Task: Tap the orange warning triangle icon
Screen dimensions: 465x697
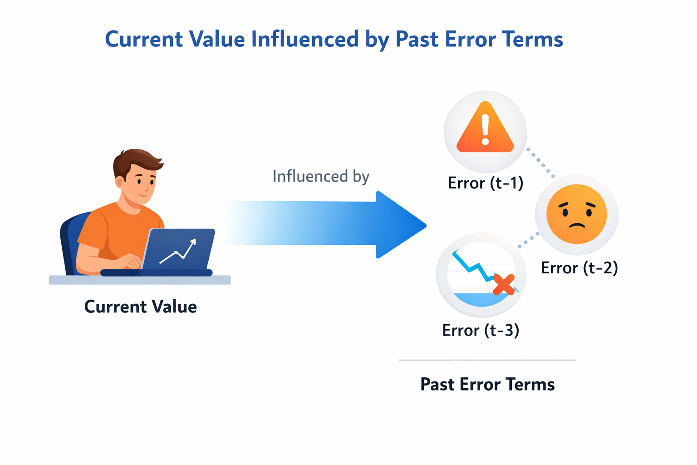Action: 485,129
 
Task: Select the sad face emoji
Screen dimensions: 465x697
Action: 576,214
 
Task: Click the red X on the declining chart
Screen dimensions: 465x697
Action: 504,285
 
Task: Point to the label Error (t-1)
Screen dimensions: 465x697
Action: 486,183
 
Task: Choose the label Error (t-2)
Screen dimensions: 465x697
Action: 579,268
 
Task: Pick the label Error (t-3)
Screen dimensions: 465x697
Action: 481,330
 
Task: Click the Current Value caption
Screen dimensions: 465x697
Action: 141,307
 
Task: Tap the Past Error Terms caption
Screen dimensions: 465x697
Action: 487,385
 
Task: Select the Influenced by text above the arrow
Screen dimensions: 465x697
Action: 321,176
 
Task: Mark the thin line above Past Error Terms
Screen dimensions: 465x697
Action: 487,360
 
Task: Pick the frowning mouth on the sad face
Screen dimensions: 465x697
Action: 577,225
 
